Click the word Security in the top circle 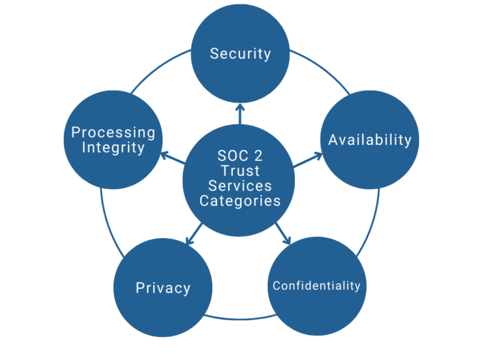240,54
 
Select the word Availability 369,139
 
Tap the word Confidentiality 316,286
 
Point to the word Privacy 162,288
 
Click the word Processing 113,132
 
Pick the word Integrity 113,148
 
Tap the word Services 240,186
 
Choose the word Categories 240,201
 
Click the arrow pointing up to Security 240,114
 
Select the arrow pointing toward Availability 307,161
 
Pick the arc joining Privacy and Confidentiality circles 240,319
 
